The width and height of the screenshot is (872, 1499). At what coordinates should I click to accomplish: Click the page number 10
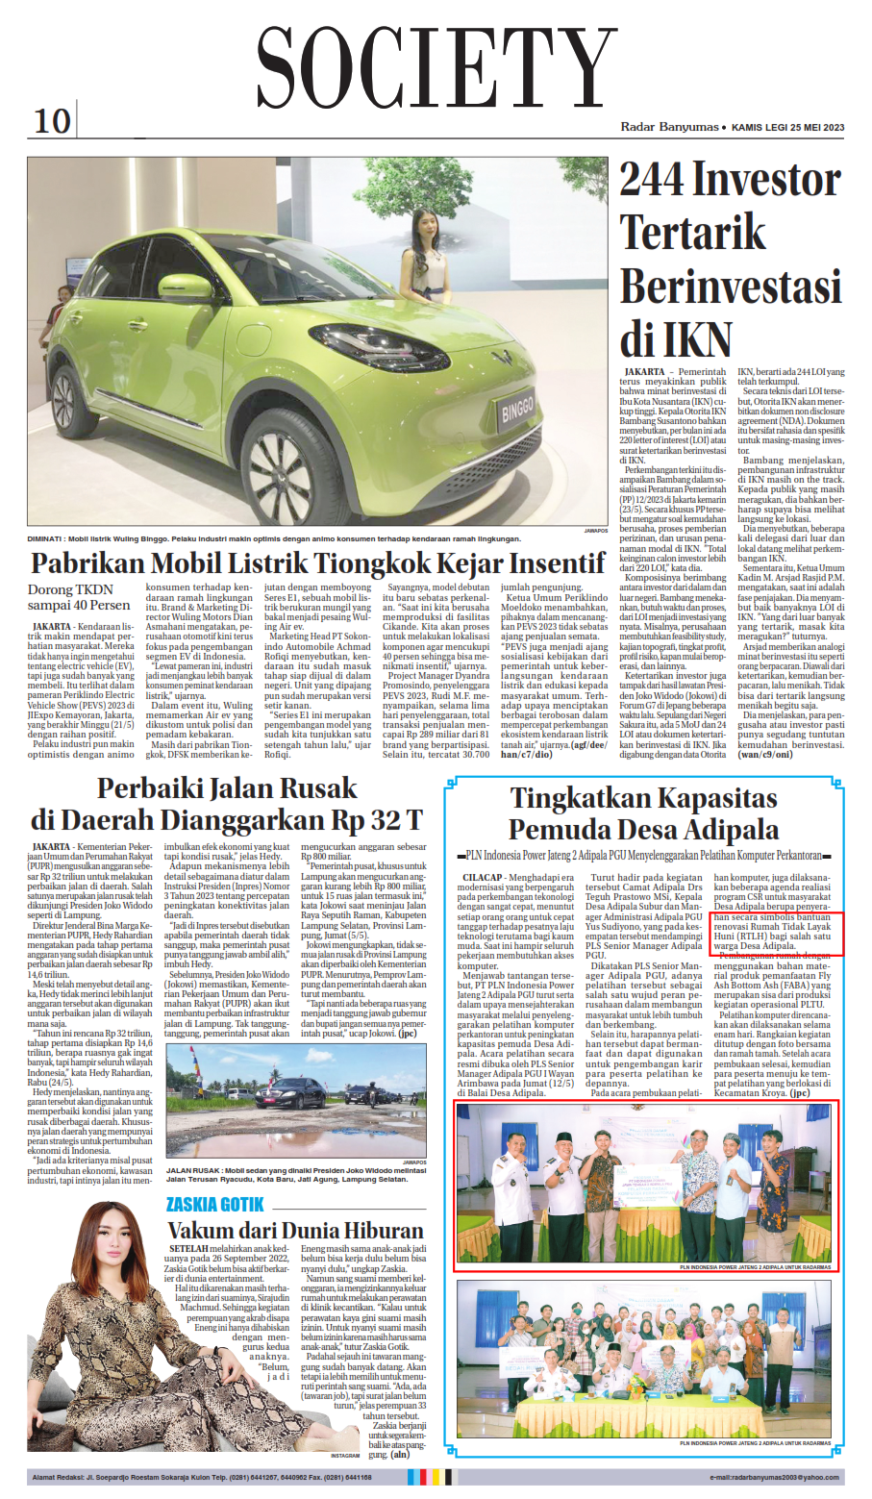[x=52, y=121]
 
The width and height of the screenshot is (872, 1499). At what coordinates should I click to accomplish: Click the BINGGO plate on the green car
[x=517, y=411]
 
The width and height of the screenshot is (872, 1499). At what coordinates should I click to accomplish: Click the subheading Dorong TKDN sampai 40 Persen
[x=79, y=597]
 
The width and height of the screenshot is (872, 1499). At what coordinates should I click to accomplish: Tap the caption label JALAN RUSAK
[x=194, y=1171]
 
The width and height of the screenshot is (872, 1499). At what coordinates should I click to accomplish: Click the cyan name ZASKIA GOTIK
[x=214, y=1205]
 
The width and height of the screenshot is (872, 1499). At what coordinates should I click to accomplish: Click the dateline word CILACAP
[x=482, y=878]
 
